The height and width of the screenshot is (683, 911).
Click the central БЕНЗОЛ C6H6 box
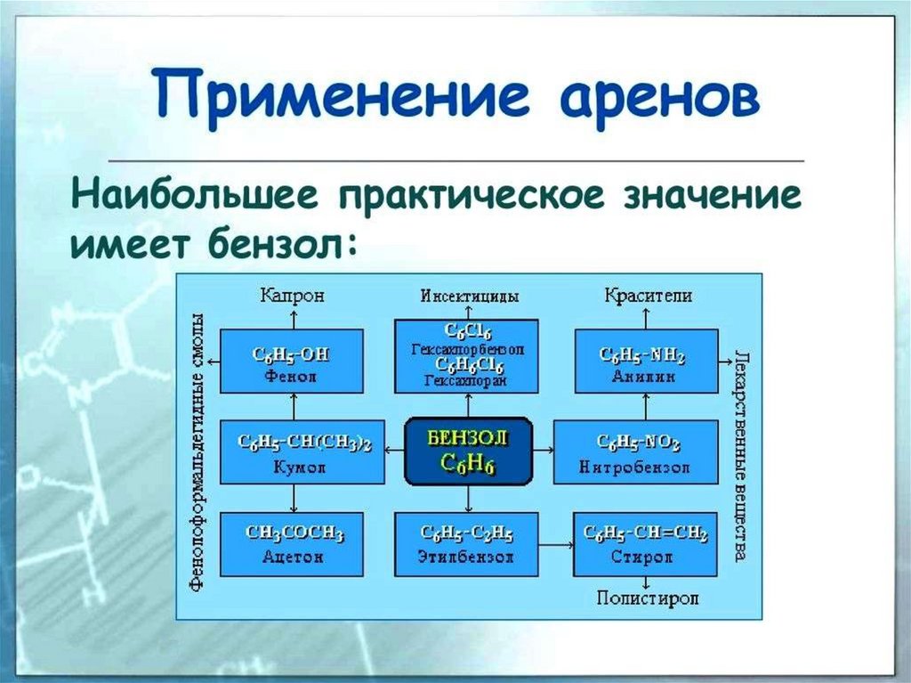(x=469, y=451)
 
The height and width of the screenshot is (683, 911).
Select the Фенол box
(x=291, y=361)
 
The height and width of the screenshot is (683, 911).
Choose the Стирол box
(x=645, y=544)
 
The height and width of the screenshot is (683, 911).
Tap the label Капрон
(x=292, y=296)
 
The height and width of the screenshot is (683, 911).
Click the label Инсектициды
(x=469, y=296)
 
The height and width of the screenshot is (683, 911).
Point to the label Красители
(x=648, y=296)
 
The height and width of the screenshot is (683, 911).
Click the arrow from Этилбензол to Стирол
(x=556, y=543)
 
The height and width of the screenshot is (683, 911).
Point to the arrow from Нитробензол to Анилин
(x=645, y=407)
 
